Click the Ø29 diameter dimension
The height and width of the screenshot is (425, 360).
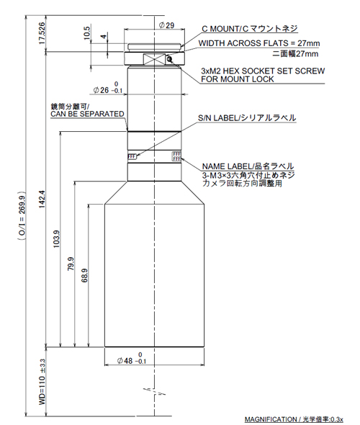(166, 25)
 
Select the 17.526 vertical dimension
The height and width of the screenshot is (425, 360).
(42, 33)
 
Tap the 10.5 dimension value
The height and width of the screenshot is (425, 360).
(86, 32)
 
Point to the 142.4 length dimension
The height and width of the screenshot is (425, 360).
(42, 200)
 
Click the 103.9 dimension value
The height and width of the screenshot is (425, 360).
(56, 238)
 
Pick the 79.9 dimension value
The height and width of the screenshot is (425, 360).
(71, 264)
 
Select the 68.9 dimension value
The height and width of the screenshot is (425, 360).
(84, 275)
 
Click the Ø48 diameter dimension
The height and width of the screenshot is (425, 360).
(132, 359)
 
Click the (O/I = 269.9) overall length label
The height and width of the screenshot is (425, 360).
(22, 216)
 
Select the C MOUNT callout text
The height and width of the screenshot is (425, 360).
(250, 29)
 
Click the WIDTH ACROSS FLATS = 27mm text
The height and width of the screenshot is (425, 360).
(259, 43)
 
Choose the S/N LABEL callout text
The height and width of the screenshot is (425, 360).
(247, 118)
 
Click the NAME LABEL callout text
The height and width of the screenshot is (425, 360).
(248, 166)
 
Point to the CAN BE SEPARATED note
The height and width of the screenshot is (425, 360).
(87, 114)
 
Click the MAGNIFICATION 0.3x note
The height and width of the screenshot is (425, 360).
(294, 419)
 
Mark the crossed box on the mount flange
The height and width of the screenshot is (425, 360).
(154, 59)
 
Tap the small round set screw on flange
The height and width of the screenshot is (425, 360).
(169, 59)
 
